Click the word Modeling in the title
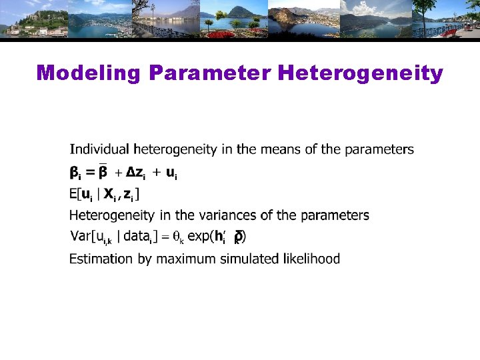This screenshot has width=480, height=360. (x=87, y=73)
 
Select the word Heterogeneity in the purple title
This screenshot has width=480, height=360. (x=360, y=73)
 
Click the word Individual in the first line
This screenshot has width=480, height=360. (x=99, y=149)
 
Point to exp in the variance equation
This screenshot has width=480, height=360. (x=199, y=236)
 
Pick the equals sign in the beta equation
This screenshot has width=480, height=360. (x=90, y=173)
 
